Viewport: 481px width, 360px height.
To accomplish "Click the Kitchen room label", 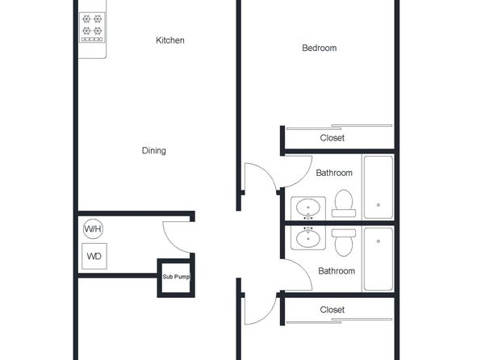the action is (x=170, y=40).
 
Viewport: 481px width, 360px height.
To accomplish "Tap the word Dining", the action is (x=153, y=150).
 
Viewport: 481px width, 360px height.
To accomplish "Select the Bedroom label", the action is (x=319, y=48).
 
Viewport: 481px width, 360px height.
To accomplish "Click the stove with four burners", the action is (x=92, y=27).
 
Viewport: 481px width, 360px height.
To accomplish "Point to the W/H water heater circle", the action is (x=93, y=228).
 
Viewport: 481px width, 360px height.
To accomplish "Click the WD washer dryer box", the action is (x=94, y=256).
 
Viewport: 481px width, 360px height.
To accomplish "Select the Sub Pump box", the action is (x=176, y=278).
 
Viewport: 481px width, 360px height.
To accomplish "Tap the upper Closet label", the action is (x=332, y=138).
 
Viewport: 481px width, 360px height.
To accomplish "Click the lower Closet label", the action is (x=332, y=310).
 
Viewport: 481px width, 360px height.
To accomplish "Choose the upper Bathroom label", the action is (x=334, y=173).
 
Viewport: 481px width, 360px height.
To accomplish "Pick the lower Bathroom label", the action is (x=337, y=271).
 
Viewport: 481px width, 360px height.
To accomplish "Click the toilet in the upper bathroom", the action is (x=344, y=203).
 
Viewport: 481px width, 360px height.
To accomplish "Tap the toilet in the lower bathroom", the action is (x=344, y=242).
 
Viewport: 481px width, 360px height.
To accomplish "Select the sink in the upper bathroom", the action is (x=308, y=208).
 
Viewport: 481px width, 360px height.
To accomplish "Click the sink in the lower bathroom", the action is (x=308, y=238).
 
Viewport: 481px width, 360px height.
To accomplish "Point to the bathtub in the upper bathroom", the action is (x=379, y=187).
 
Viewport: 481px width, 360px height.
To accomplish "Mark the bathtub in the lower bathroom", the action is (x=379, y=259).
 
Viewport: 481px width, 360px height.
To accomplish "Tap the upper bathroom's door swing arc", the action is (x=303, y=178).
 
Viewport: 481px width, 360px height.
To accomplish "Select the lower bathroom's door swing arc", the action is (x=303, y=269).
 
